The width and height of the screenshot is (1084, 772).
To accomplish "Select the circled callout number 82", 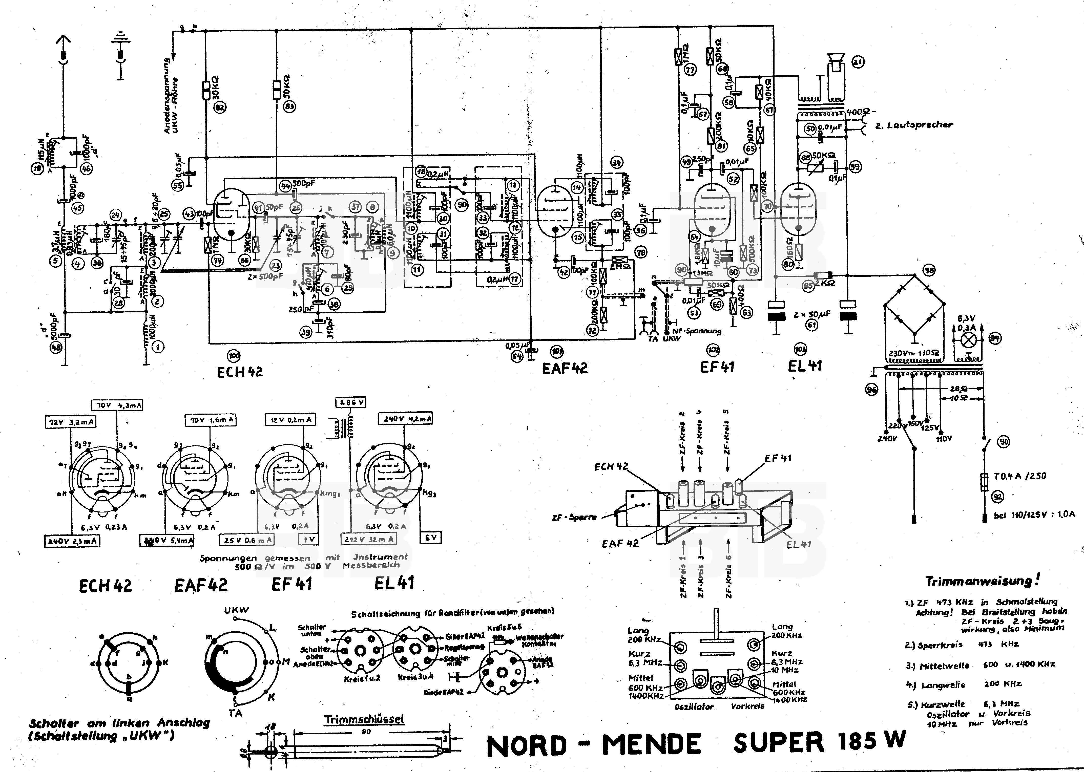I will coord(220,108).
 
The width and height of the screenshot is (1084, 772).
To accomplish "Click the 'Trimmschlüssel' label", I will coord(364,719).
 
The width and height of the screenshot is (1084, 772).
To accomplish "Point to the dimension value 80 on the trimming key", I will coord(366,732).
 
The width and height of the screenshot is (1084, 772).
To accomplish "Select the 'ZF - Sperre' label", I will coord(574,517).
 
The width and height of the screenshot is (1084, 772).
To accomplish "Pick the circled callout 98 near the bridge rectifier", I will coord(929,270).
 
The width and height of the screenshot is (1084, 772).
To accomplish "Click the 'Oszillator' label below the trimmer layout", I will coord(694,707).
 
